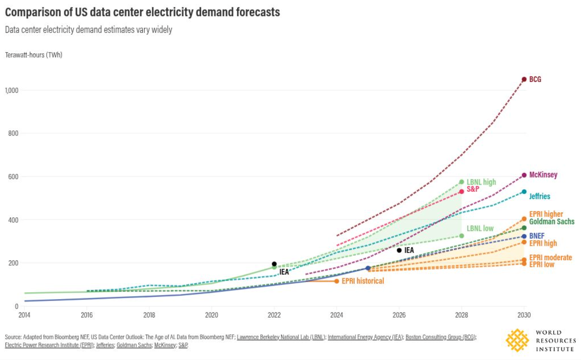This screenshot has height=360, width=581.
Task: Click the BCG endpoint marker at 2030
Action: (x=524, y=79)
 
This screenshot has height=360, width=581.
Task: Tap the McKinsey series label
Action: (x=543, y=175)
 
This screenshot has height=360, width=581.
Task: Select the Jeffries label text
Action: (x=539, y=196)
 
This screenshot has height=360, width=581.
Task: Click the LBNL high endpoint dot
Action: (x=461, y=182)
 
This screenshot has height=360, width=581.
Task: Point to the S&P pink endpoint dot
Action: (x=461, y=192)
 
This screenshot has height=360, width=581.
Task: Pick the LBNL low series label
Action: (x=480, y=228)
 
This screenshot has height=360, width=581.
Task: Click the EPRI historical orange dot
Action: (x=336, y=281)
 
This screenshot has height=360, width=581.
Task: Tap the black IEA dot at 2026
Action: (x=399, y=250)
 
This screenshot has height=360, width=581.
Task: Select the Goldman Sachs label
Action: (x=552, y=221)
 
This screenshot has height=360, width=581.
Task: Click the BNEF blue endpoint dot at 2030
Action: (x=524, y=236)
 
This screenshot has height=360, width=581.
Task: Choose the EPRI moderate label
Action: (x=550, y=257)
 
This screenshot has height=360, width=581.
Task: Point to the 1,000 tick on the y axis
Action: (x=12, y=90)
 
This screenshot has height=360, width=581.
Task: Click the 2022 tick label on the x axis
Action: (x=274, y=315)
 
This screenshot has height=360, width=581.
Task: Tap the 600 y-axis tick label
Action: (x=13, y=177)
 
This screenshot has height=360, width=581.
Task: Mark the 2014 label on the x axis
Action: (x=24, y=315)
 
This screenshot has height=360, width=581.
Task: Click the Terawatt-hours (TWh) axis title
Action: (x=34, y=55)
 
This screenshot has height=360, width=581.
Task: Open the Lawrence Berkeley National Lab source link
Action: (x=281, y=337)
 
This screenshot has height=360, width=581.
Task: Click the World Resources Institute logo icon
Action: (x=517, y=340)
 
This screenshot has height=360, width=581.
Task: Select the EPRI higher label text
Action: (x=546, y=214)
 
